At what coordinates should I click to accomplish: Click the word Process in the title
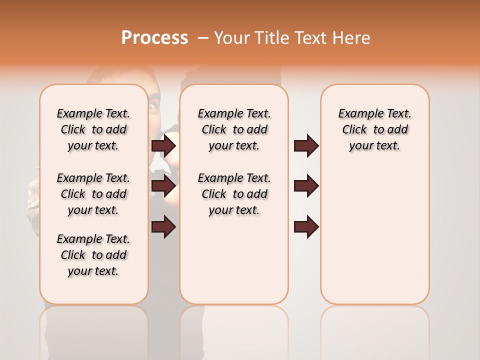click(x=154, y=38)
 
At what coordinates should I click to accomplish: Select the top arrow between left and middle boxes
click(x=163, y=146)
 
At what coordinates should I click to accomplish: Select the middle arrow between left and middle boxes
click(x=163, y=186)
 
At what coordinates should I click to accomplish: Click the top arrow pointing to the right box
click(x=306, y=146)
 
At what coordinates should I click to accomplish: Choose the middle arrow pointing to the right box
click(x=306, y=186)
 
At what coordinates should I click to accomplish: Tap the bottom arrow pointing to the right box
click(x=306, y=226)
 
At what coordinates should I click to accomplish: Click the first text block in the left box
click(x=93, y=129)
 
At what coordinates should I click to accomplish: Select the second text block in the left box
click(x=93, y=194)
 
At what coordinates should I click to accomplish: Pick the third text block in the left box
click(x=93, y=255)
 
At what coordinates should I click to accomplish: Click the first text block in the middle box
click(x=234, y=129)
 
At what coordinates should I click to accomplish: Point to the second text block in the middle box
click(x=234, y=194)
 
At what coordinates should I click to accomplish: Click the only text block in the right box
click(x=374, y=129)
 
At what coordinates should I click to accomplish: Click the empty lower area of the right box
click(x=374, y=235)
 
